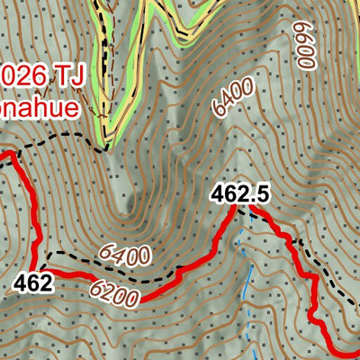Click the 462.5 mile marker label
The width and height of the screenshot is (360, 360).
241,193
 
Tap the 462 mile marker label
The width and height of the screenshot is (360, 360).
32,283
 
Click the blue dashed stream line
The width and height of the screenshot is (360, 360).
246,270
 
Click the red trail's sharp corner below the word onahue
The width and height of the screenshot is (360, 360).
14,156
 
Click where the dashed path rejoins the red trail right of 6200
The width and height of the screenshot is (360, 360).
178,271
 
